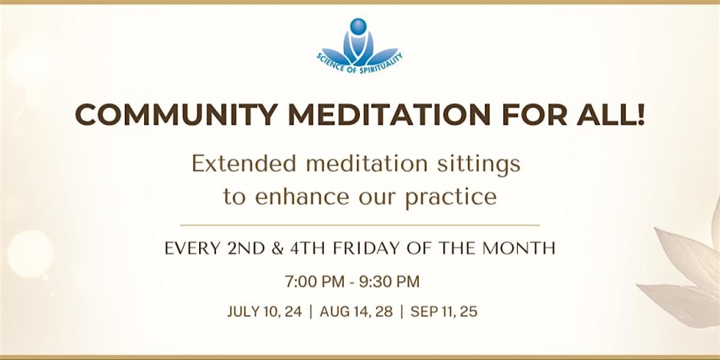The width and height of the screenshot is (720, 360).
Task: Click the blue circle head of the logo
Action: click(x=358, y=26)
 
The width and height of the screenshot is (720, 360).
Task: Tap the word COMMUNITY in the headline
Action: click(x=176, y=115)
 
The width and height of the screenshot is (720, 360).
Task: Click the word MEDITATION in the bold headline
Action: click(x=390, y=115)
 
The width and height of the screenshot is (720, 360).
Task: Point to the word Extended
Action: click(x=244, y=164)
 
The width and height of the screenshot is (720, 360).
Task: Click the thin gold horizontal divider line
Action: click(x=359, y=225)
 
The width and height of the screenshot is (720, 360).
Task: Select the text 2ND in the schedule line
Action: click(x=246, y=248)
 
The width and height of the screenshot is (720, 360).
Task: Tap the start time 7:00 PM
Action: click(x=315, y=281)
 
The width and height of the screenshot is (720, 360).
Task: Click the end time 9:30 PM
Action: click(x=389, y=281)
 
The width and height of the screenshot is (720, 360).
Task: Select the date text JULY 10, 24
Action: click(x=265, y=312)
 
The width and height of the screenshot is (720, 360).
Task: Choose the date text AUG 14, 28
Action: click(x=356, y=312)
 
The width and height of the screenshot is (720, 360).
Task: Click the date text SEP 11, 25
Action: click(x=444, y=312)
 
